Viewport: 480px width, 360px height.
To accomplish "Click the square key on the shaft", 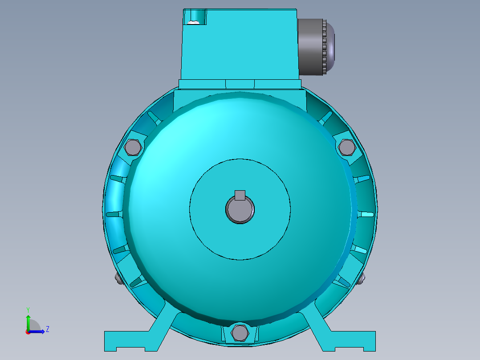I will point(240,195).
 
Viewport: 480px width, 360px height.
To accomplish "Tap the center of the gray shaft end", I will point(240,210).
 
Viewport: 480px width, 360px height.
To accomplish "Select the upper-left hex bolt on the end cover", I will point(133,147).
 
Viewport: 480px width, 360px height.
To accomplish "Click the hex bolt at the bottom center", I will point(240,332).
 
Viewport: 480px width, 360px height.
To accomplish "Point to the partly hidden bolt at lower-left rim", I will point(118,279).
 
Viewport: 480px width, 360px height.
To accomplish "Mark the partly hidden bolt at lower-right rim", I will point(362,279).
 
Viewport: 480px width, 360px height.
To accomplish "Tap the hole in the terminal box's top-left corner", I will point(194,18).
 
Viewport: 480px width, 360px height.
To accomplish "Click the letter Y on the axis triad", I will point(28,309).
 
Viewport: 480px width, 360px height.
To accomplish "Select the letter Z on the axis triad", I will point(47,329).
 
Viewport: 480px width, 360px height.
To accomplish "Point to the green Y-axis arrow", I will point(28,321).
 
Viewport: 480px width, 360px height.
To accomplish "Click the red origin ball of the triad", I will point(28,331).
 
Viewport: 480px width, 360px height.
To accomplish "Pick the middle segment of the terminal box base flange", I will point(240,84).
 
